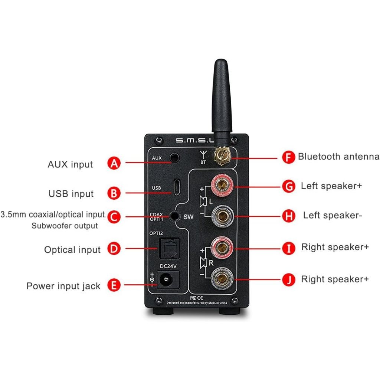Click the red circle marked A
[x=114, y=163]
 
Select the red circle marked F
[x=289, y=157]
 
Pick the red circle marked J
[x=289, y=280]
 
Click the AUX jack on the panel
[x=175, y=158]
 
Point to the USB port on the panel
[x=177, y=187]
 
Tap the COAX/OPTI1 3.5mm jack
[x=174, y=216]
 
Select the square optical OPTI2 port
[x=169, y=248]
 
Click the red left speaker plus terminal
[x=222, y=186]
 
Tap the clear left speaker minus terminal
[x=222, y=216]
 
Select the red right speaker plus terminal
[x=222, y=248]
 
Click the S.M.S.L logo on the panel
[x=194, y=140]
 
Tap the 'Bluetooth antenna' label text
[x=338, y=157]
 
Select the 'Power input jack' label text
[x=63, y=286]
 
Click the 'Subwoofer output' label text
[x=65, y=226]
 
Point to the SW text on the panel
[x=188, y=217]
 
